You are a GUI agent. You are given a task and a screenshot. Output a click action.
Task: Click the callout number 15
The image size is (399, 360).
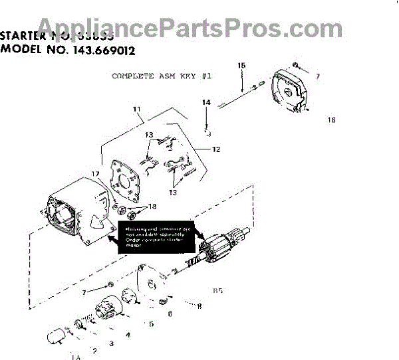click(241, 65)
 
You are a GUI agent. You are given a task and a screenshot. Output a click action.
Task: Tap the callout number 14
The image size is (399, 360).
click(206, 103)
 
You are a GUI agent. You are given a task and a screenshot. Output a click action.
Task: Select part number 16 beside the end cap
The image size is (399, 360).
click(331, 120)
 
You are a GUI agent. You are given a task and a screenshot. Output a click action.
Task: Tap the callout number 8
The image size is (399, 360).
click(199, 306)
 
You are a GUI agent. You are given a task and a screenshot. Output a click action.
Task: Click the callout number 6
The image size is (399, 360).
click(170, 314)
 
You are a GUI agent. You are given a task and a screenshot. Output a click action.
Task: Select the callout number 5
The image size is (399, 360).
click(151, 324)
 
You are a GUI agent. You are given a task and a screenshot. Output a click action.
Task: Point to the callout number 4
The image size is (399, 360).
click(128, 335)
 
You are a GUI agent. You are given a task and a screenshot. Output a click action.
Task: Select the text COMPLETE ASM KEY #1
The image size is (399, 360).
click(162, 76)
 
